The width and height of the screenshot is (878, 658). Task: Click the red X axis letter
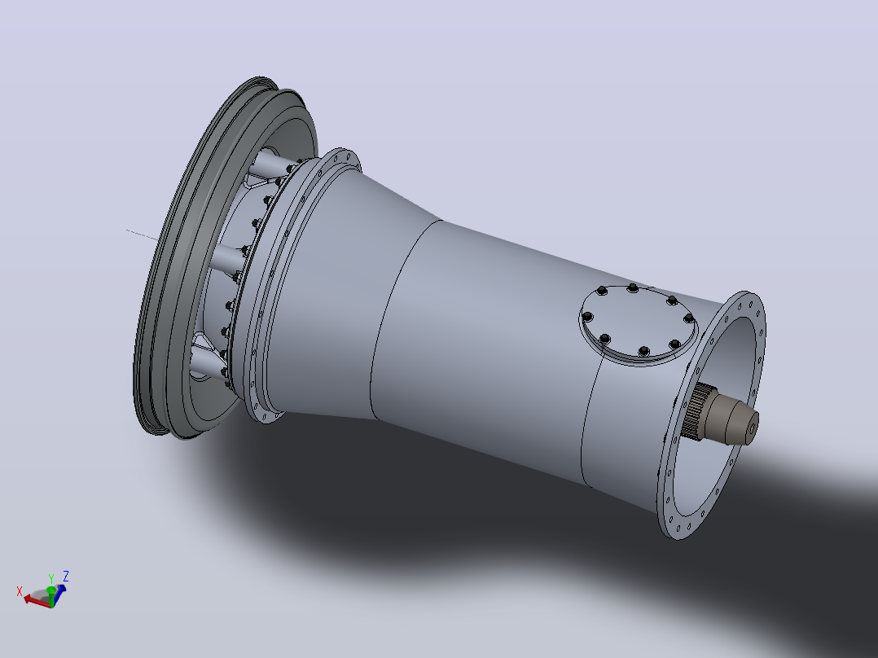point(20,590)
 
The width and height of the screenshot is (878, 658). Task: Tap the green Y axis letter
point(51,578)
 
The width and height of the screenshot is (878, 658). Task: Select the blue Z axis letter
point(65,576)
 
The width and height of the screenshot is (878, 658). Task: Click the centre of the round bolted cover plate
point(639,323)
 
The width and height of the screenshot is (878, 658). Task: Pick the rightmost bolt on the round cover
point(689,318)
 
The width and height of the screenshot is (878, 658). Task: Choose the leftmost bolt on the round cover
point(587,317)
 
